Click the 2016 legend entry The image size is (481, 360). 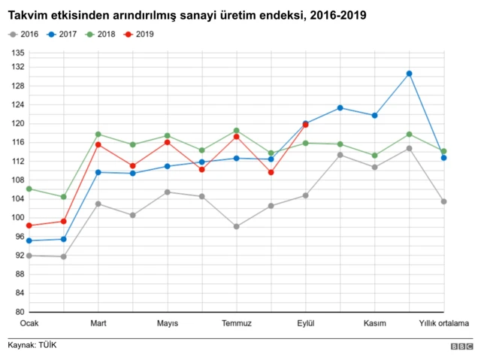click(x=24, y=35)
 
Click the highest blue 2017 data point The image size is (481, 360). click(x=410, y=74)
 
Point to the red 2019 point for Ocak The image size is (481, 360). click(x=29, y=225)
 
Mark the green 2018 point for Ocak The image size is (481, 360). click(x=29, y=189)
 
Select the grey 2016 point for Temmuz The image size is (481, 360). click(x=237, y=226)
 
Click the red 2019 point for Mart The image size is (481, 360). click(x=98, y=144)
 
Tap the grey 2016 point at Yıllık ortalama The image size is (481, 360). click(x=444, y=201)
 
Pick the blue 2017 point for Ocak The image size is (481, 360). click(x=29, y=241)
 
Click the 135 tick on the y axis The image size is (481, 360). click(x=18, y=53)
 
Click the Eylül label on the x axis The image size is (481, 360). click(x=306, y=324)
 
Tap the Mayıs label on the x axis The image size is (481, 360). click(x=168, y=324)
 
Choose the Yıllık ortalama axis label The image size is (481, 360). click(x=443, y=324)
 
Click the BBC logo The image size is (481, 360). click(x=461, y=346)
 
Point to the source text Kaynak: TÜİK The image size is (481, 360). click(x=32, y=345)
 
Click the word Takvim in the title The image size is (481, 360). click(x=26, y=15)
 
